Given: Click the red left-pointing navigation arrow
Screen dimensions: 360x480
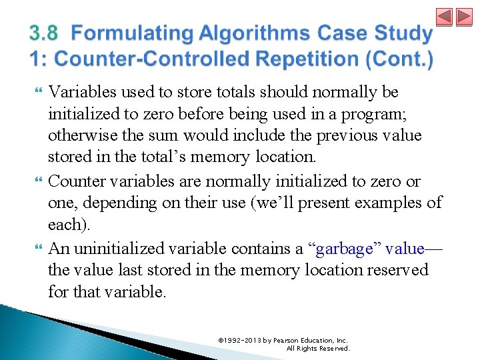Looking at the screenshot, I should [x=445, y=17].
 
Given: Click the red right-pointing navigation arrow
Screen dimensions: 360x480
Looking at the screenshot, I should [x=463, y=17].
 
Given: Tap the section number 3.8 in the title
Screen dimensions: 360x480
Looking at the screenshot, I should [x=44, y=33].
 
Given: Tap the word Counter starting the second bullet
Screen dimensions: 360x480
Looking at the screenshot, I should [x=75, y=181].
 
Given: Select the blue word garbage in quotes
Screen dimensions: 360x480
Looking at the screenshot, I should [x=344, y=249].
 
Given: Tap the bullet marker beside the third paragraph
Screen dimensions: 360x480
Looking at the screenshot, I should [x=37, y=249].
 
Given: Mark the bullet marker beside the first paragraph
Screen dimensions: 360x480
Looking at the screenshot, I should [x=37, y=91].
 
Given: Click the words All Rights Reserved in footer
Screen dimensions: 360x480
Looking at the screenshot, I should [x=318, y=348].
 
